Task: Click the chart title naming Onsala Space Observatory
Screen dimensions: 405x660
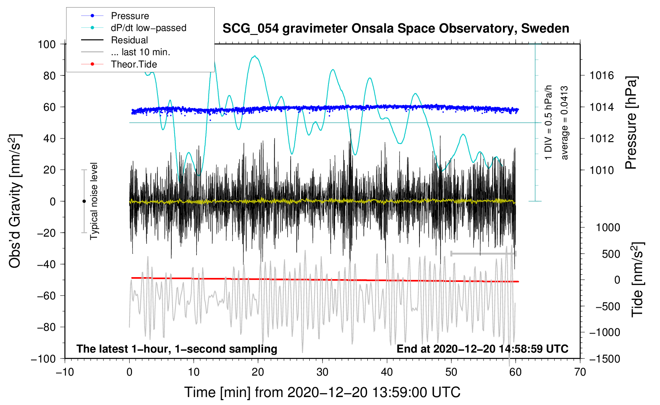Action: click(x=396, y=29)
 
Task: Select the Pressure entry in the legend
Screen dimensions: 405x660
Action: click(x=130, y=16)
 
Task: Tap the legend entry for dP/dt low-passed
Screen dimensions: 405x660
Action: click(x=148, y=28)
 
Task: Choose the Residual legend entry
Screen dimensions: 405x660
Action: click(x=129, y=40)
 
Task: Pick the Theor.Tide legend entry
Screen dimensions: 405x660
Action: click(x=134, y=64)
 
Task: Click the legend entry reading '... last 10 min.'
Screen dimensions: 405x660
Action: click(x=140, y=52)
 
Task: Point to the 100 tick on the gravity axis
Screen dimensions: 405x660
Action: click(x=47, y=44)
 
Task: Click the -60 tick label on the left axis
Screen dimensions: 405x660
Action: click(x=47, y=296)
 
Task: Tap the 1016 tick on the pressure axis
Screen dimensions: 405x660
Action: click(x=602, y=75)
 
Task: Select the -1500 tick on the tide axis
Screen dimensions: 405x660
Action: click(x=605, y=359)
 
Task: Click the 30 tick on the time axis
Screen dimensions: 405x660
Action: click(x=322, y=372)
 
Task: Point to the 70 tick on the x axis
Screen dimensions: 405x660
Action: click(x=580, y=372)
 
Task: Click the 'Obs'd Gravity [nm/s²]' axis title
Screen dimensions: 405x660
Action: click(x=15, y=201)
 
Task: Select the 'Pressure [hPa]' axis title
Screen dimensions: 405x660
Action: click(x=631, y=123)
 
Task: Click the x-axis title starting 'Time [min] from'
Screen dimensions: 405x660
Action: click(x=322, y=392)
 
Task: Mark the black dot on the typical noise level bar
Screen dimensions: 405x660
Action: click(x=84, y=201)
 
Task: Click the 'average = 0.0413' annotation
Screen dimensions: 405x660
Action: click(x=565, y=123)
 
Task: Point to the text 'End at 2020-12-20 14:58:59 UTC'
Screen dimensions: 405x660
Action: click(x=482, y=349)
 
